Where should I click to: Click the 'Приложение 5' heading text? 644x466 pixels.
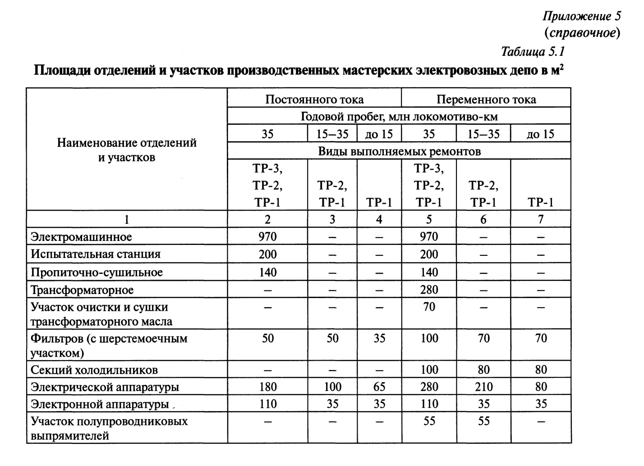pyautogui.click(x=582, y=16)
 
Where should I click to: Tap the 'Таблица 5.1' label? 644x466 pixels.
pyautogui.click(x=533, y=52)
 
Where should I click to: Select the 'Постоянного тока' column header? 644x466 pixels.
pyautogui.click(x=314, y=99)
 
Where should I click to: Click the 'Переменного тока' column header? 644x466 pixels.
pyautogui.click(x=486, y=99)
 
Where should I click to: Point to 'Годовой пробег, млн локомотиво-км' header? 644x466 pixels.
pyautogui.click(x=399, y=117)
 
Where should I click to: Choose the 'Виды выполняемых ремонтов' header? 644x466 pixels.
pyautogui.click(x=399, y=151)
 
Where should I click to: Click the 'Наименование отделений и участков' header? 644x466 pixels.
pyautogui.click(x=127, y=150)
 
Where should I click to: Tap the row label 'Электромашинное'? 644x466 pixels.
pyautogui.click(x=81, y=237)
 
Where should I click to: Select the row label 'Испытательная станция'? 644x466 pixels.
pyautogui.click(x=96, y=254)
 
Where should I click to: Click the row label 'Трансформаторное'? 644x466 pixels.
pyautogui.click(x=82, y=290)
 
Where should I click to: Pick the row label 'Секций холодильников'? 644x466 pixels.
pyautogui.click(x=94, y=370)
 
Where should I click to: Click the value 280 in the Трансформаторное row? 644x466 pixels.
pyautogui.click(x=429, y=290)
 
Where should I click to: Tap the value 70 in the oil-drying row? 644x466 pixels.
pyautogui.click(x=429, y=307)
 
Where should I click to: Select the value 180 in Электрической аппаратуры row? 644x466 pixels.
pyautogui.click(x=268, y=387)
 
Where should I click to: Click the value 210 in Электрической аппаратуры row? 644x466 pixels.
pyautogui.click(x=483, y=387)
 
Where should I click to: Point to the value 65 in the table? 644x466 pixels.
pyautogui.click(x=379, y=387)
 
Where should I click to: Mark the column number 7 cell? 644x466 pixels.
pyautogui.click(x=541, y=219)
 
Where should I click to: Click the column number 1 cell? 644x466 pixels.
pyautogui.click(x=127, y=219)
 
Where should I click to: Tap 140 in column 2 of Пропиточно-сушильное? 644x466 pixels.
pyautogui.click(x=268, y=272)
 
